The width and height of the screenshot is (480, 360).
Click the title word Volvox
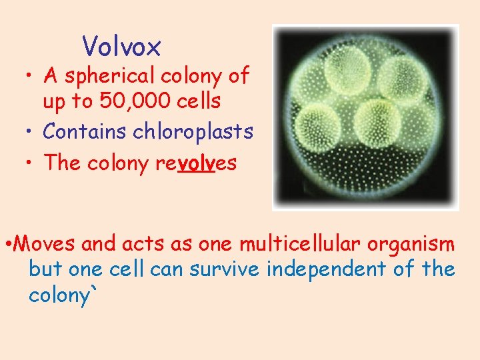pyautogui.click(x=122, y=47)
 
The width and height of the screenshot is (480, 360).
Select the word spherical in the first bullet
pyautogui.click(x=116, y=77)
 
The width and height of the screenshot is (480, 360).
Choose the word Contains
pyautogui.click(x=85, y=132)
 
